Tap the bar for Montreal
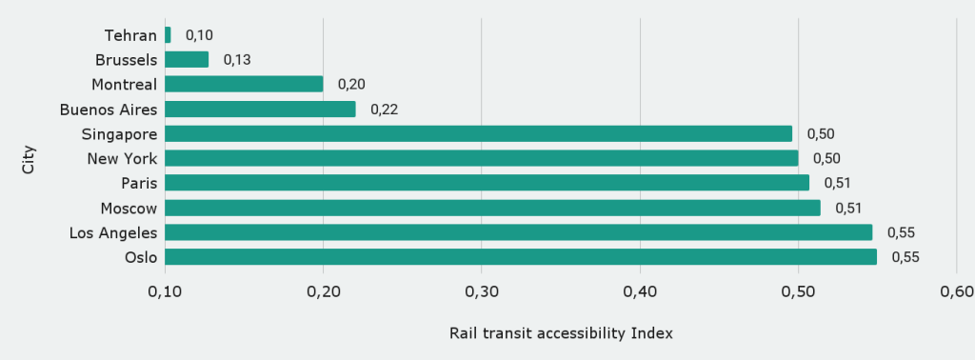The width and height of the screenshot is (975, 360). pyautogui.click(x=244, y=84)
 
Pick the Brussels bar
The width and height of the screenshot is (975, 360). pyautogui.click(x=187, y=59)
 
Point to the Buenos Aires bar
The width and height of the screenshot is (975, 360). pyautogui.click(x=260, y=109)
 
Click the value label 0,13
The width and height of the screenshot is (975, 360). pyautogui.click(x=237, y=59)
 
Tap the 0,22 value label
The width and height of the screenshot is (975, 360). pyautogui.click(x=384, y=109)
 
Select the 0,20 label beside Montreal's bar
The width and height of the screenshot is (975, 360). pyautogui.click(x=351, y=84)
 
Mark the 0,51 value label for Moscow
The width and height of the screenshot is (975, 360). pyautogui.click(x=848, y=208)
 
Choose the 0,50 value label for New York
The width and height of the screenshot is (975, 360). pyautogui.click(x=826, y=158)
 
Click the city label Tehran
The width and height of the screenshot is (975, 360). pyautogui.click(x=130, y=35)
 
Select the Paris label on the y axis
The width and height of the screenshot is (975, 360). pyautogui.click(x=139, y=183)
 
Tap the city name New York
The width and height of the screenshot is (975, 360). pyautogui.click(x=122, y=158)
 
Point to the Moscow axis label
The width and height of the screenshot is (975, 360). pyautogui.click(x=129, y=208)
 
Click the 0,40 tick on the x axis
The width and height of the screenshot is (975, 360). pyautogui.click(x=640, y=290)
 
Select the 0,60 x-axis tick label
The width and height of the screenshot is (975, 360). pyautogui.click(x=955, y=290)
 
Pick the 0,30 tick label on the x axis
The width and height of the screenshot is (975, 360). pyautogui.click(x=482, y=290)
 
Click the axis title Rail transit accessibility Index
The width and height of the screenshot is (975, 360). pyautogui.click(x=561, y=333)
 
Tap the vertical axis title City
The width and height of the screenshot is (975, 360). pyautogui.click(x=29, y=158)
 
